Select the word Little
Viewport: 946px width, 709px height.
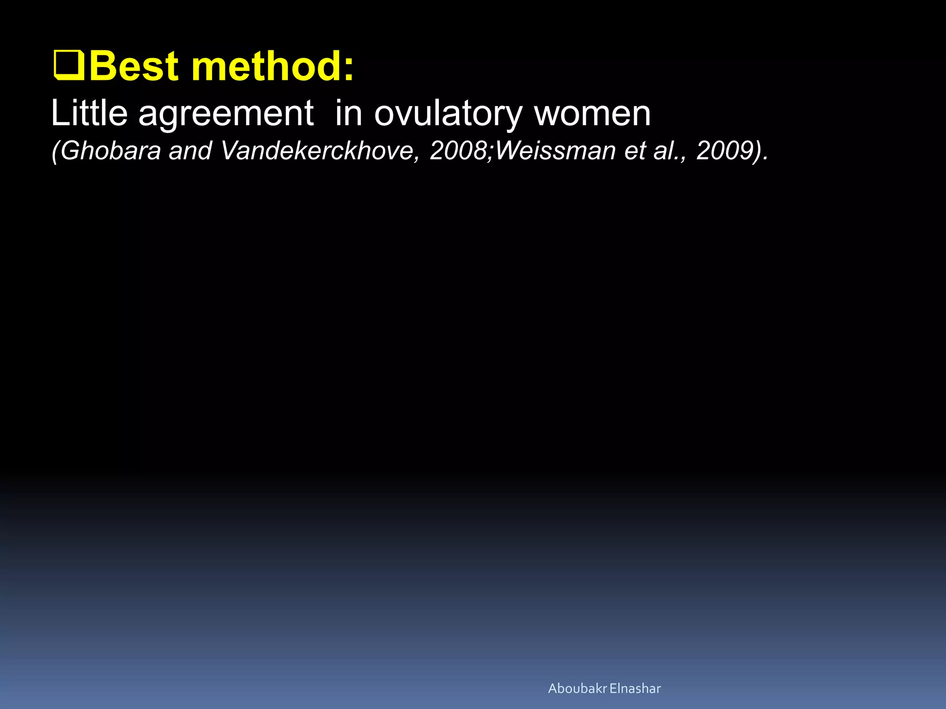89,113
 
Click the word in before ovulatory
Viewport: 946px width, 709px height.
348,113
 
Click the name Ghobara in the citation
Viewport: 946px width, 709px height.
110,151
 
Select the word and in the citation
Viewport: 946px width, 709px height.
190,151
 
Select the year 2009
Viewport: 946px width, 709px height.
723,151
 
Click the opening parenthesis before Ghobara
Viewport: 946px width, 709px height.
55,151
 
